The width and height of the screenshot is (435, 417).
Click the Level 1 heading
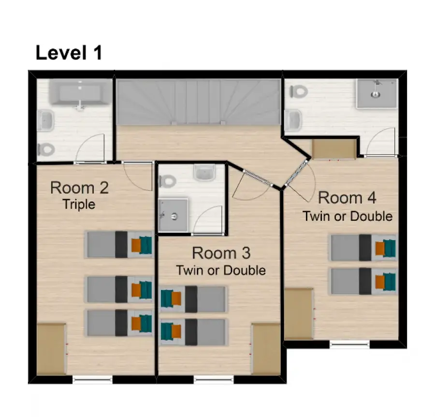tap(69, 53)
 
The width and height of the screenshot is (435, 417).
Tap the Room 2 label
tap(79, 187)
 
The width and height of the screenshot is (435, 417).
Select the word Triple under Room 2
tap(79, 204)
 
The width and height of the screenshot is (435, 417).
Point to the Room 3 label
tap(221, 253)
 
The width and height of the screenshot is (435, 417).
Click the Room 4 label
tap(347, 198)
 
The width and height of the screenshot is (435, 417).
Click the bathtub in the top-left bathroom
tap(79, 92)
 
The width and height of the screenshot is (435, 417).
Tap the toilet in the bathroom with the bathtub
tap(46, 150)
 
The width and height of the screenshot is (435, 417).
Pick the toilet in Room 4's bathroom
tap(299, 91)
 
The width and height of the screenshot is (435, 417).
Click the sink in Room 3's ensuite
tap(204, 173)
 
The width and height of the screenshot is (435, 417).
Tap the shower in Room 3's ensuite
tap(174, 215)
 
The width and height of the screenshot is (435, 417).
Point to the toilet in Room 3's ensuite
tap(168, 182)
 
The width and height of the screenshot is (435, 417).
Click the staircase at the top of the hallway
tap(198, 102)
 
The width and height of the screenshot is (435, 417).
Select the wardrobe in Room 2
tap(52, 349)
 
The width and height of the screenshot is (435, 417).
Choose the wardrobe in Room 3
tap(266, 349)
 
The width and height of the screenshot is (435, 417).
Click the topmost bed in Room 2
tap(119, 244)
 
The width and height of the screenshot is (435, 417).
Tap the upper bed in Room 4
tap(363, 248)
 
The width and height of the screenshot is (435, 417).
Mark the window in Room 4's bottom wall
tap(349, 344)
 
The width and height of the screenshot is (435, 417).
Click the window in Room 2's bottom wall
tap(93, 379)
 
